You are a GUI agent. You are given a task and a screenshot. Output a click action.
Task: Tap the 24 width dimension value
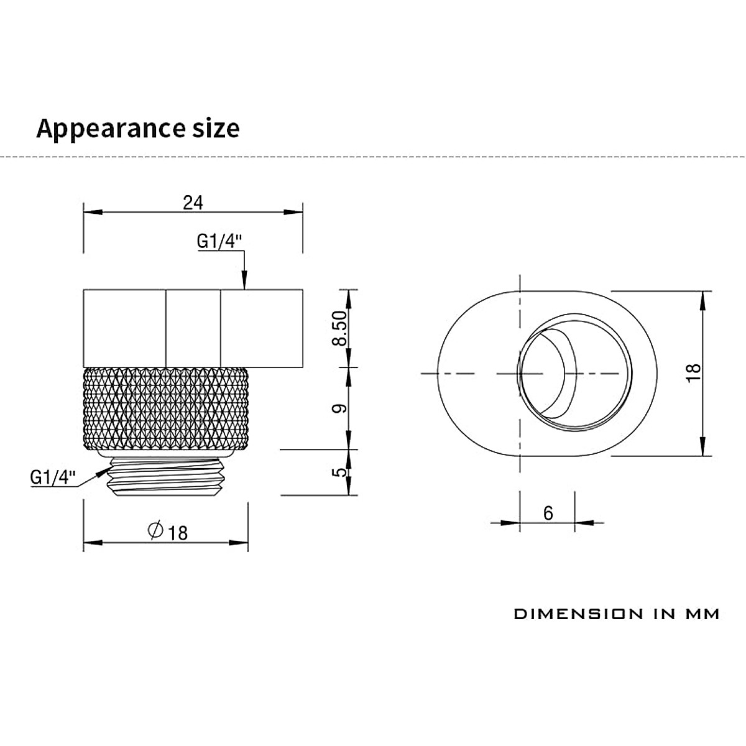(193, 203)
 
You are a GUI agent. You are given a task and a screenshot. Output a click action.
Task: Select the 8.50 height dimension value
(340, 328)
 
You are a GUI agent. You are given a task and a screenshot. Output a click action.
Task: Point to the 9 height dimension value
(340, 408)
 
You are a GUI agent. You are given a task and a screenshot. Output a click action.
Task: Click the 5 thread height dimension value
(340, 472)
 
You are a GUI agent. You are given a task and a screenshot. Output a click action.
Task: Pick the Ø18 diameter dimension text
(168, 532)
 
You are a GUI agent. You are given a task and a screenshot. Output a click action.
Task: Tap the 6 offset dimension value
(548, 513)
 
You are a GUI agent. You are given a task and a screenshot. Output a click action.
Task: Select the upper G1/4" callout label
(219, 242)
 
